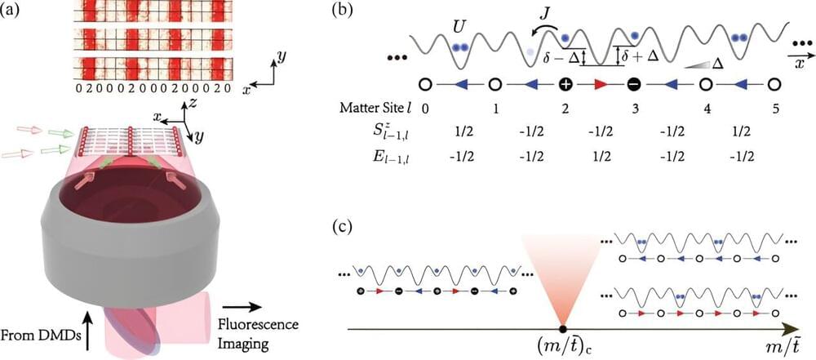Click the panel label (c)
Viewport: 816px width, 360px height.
tap(344, 227)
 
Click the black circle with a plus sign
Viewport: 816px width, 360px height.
tap(565, 82)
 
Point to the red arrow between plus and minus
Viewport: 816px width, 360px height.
tap(600, 82)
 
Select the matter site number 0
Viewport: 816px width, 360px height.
tap(426, 109)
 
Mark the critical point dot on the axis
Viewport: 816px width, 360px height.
tap(562, 328)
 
